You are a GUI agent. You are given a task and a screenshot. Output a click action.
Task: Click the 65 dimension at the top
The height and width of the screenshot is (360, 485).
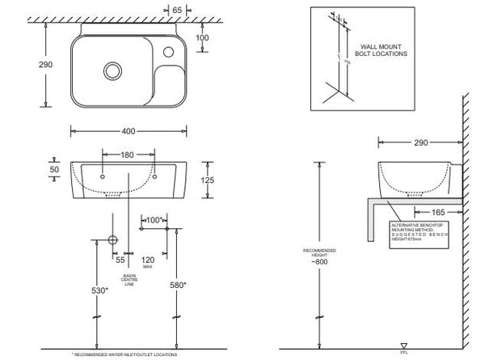(178, 11)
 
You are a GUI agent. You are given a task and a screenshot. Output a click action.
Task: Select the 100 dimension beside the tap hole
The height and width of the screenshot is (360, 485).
(203, 38)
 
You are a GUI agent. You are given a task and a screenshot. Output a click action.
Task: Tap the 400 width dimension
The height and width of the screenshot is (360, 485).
(129, 130)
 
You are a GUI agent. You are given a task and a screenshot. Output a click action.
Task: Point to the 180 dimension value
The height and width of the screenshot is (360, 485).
(129, 154)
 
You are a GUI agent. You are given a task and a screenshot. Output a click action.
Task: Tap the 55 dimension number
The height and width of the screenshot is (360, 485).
(120, 260)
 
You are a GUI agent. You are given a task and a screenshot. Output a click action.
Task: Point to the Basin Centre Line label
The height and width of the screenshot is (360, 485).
(129, 282)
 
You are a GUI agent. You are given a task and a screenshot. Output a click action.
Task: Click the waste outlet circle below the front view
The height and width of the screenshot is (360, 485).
(112, 241)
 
